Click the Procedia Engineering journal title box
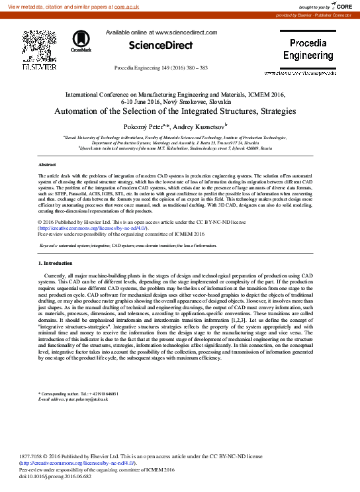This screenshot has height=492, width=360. point(308,50)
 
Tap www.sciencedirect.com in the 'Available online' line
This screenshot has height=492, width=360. point(181,32)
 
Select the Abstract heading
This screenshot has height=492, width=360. point(47,164)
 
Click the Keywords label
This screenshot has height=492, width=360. point(52,245)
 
